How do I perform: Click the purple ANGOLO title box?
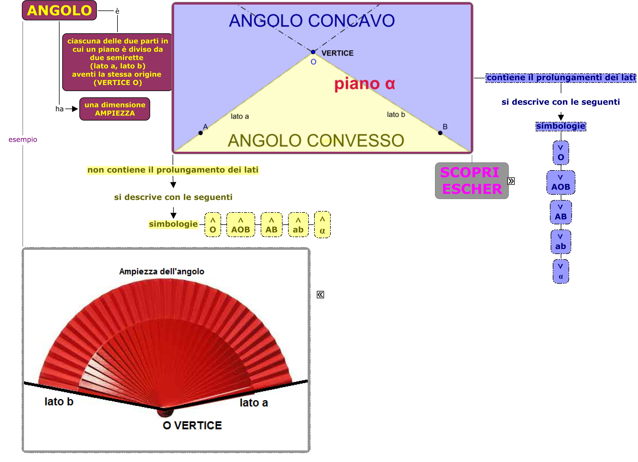coord(59,10)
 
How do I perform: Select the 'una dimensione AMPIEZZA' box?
coord(115,109)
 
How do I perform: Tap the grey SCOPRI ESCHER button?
coord(472,181)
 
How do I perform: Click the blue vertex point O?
coord(313,52)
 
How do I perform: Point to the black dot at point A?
coord(201,133)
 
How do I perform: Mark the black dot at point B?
coord(440,133)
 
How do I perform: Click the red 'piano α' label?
coord(365,84)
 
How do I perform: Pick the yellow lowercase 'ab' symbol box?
coord(298,225)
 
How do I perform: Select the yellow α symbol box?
coord(322,225)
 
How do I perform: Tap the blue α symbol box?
coord(561,271)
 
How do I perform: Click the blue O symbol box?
coord(561,153)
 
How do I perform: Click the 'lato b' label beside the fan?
coord(59,402)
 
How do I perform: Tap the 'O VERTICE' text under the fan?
coord(192,425)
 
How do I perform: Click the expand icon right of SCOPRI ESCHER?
coord(511,181)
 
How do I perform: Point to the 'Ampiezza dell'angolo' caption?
coord(162,271)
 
